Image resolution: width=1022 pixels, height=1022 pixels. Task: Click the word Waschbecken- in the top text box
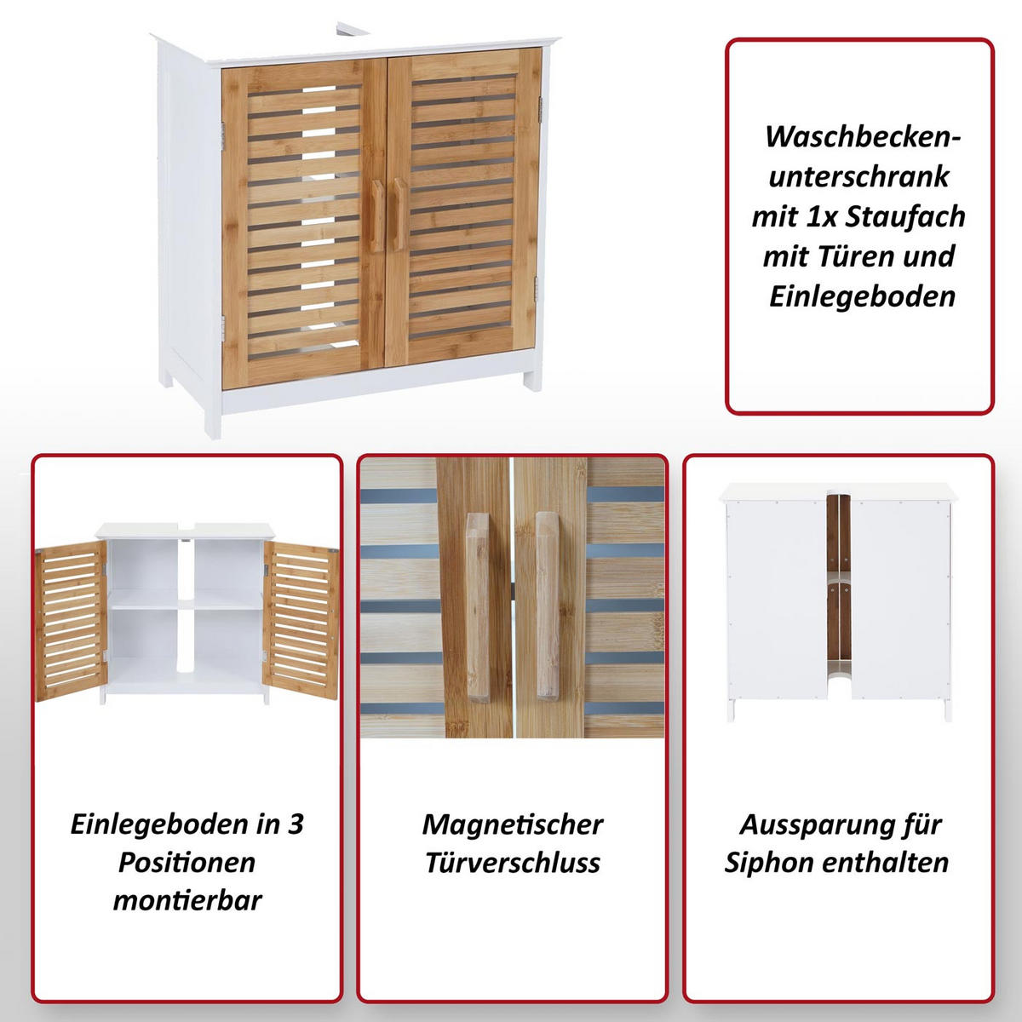863,136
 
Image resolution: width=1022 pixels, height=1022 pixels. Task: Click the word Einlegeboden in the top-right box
863,296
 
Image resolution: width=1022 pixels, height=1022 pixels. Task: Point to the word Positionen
187,862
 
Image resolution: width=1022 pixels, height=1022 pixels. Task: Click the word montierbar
187,900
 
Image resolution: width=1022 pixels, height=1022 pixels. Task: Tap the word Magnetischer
512,824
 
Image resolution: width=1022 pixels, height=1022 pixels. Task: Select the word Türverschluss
512,862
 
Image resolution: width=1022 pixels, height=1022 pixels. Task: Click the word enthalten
886,862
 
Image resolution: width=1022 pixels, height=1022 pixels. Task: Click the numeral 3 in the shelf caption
295,824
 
